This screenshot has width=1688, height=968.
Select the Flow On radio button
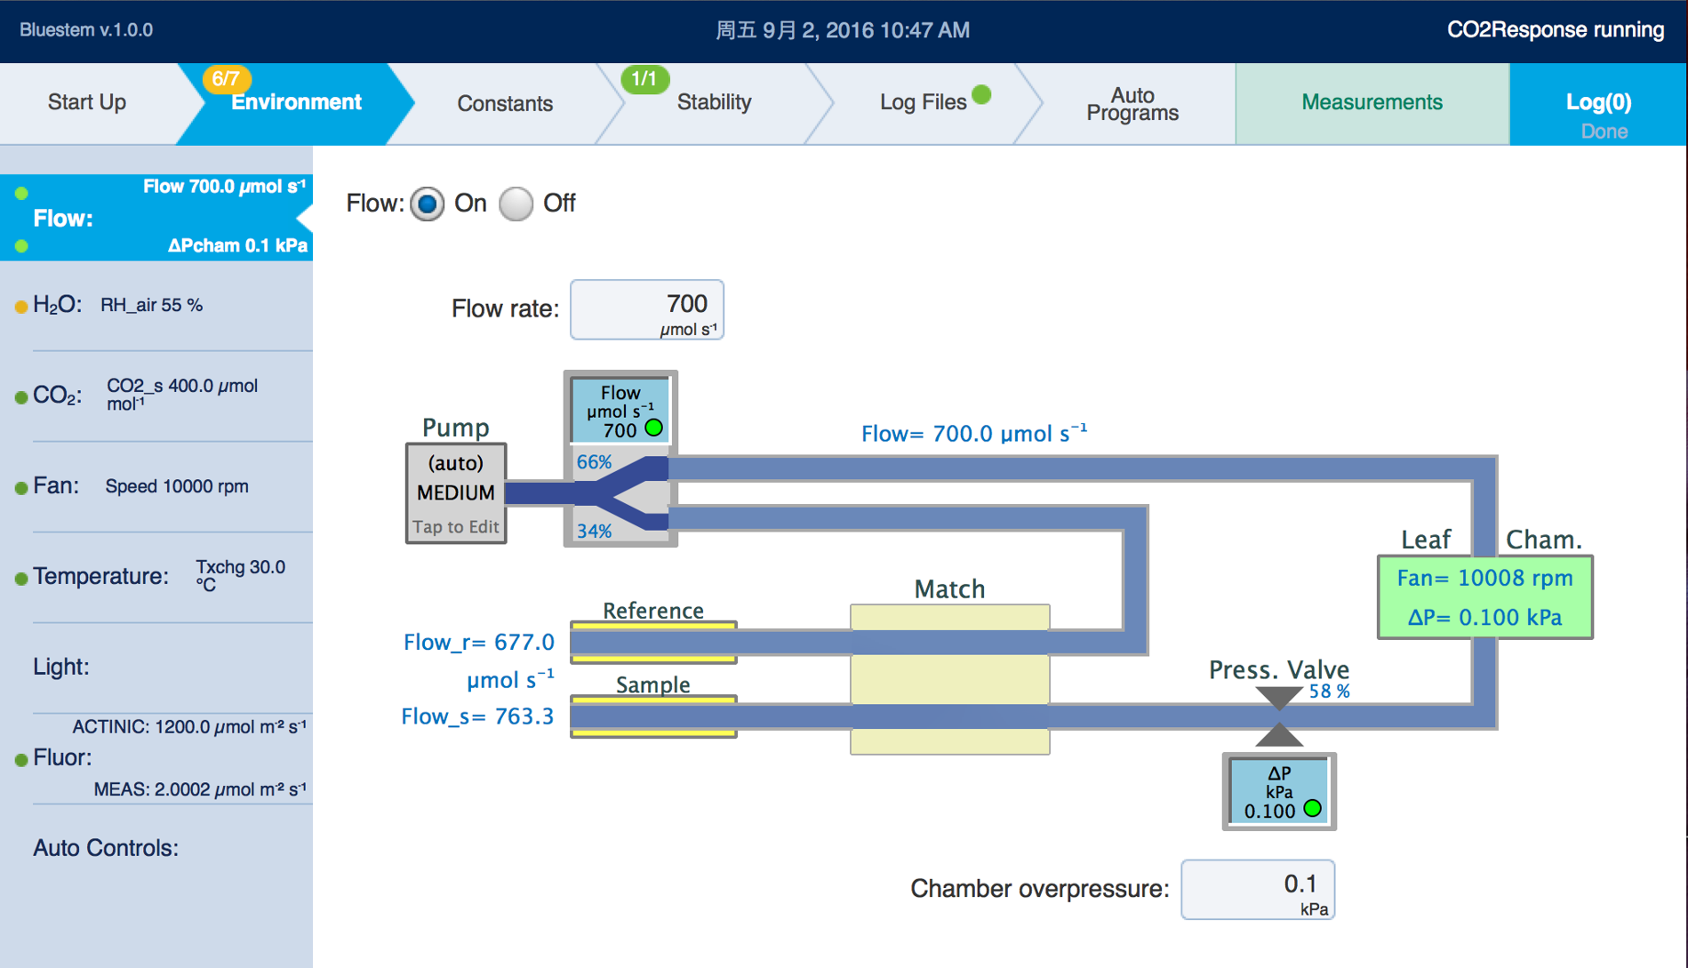click(428, 204)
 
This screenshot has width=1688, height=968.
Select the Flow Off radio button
click(516, 204)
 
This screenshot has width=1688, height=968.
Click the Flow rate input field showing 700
click(646, 309)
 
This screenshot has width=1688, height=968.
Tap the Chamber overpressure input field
click(1257, 889)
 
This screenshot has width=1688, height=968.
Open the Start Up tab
click(87, 102)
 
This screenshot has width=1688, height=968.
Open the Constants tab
click(504, 103)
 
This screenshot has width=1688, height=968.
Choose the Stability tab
click(714, 102)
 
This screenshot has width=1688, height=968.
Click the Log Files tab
click(923, 102)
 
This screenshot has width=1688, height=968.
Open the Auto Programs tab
click(1132, 104)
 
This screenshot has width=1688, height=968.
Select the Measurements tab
click(1372, 102)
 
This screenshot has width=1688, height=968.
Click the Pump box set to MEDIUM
click(456, 492)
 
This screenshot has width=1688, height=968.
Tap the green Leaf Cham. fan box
click(1484, 596)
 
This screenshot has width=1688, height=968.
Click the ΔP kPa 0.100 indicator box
click(1279, 791)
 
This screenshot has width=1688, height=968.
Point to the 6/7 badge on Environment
click(226, 78)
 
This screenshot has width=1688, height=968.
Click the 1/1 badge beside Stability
click(644, 78)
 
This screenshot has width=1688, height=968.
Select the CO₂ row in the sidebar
click(160, 395)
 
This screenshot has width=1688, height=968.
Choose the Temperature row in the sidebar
click(160, 576)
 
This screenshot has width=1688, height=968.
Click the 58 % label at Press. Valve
click(1329, 692)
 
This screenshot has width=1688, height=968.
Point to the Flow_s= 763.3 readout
click(477, 716)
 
